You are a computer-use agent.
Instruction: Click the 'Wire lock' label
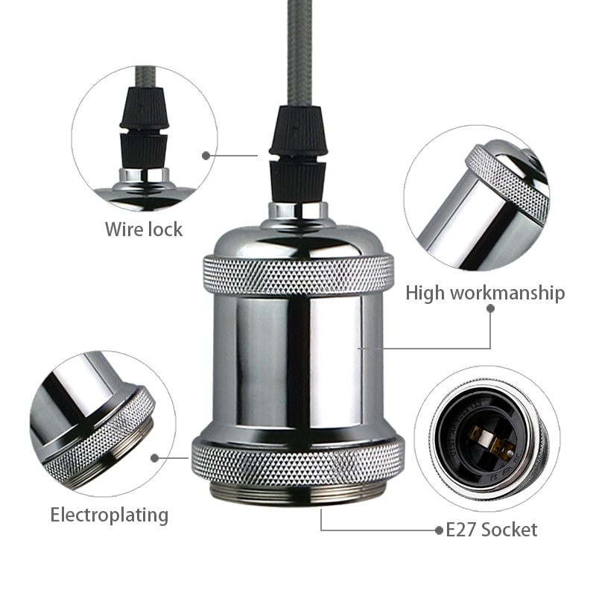tap(143, 229)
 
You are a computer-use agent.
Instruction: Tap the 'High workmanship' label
tap(485, 293)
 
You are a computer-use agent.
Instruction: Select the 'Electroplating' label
tap(110, 515)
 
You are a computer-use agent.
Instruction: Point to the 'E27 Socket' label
tap(491, 530)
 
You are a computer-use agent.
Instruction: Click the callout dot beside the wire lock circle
tap(206, 155)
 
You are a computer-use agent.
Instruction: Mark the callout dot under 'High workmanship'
tap(490, 306)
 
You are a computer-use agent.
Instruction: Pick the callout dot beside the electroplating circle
tap(155, 457)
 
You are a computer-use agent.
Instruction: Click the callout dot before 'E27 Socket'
tap(439, 530)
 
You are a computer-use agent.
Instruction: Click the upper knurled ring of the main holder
tap(298, 274)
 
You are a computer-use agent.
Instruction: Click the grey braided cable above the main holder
tap(299, 52)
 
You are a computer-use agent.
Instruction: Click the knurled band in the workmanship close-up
tap(507, 179)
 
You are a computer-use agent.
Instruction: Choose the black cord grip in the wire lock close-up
tap(144, 127)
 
